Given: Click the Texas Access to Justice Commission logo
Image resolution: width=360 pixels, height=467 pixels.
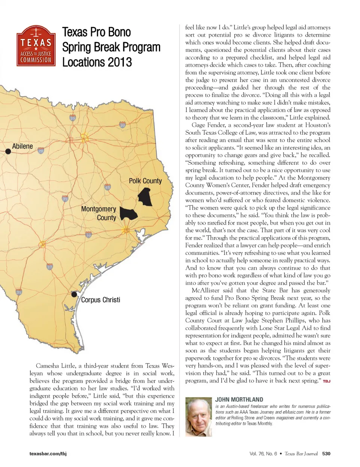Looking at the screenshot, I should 36,47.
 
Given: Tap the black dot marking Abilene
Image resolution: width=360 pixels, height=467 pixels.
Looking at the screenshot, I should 7,151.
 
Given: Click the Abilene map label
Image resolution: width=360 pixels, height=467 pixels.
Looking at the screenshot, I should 22,146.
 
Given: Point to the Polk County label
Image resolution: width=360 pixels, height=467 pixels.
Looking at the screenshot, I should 145,181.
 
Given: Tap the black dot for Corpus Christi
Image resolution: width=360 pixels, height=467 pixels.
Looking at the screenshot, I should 74,294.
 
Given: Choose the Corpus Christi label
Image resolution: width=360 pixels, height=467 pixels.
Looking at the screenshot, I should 100,300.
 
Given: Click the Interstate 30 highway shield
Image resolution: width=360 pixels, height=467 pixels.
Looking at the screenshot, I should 122,125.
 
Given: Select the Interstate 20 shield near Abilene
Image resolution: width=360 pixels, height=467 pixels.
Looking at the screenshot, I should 41,151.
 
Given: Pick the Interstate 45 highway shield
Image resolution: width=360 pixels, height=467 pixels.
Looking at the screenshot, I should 108,187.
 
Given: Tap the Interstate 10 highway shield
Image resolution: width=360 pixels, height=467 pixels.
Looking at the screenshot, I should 88,235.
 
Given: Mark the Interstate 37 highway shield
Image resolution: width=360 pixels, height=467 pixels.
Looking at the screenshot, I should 50,267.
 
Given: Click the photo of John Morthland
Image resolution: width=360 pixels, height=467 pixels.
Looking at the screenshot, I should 198,417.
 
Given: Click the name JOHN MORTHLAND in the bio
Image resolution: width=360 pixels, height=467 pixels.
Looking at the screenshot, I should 239,400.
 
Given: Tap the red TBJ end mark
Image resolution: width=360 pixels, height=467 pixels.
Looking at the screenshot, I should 326,381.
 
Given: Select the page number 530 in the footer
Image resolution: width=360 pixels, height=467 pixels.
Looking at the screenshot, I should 326,453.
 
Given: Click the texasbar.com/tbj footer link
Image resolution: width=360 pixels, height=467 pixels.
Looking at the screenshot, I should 48,454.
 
